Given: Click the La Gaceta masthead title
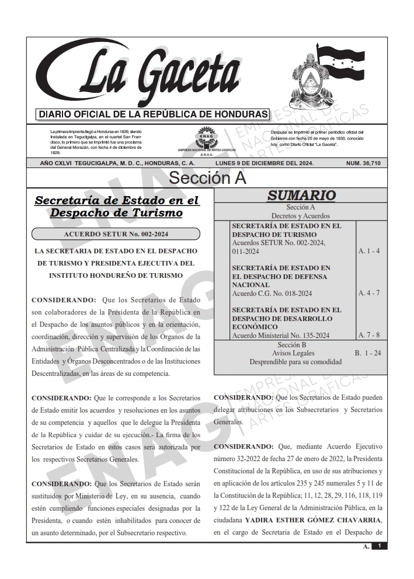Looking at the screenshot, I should [x=149, y=73].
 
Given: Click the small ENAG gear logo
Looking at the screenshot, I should [x=206, y=139].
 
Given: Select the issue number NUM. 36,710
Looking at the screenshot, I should [x=363, y=163].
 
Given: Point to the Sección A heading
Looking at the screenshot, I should [x=207, y=177].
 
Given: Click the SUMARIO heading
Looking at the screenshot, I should [x=301, y=196].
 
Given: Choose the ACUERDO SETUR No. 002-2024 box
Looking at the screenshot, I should [x=116, y=234].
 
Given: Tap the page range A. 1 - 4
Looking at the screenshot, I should [x=368, y=251].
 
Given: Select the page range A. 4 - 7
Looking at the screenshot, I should [x=368, y=293].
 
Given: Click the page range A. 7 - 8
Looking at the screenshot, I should [x=368, y=335].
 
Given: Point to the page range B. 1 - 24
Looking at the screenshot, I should [x=368, y=353].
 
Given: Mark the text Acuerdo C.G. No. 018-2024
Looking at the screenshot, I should [x=272, y=293].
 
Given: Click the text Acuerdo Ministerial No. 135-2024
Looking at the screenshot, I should [x=281, y=335].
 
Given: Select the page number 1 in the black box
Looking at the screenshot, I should [x=380, y=546].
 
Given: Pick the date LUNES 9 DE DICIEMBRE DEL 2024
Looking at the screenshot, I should [x=265, y=163].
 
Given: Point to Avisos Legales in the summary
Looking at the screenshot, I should [x=301, y=353].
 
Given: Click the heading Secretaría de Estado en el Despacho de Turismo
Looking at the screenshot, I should [x=117, y=207].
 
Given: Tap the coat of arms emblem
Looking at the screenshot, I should [x=312, y=76].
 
